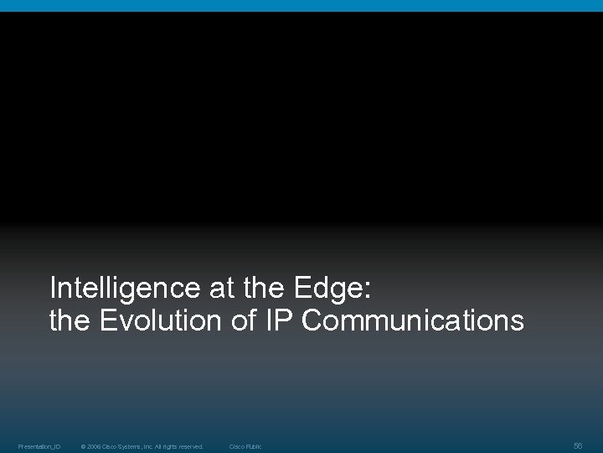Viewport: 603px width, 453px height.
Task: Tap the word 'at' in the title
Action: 214,289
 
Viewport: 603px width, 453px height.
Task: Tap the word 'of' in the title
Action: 244,320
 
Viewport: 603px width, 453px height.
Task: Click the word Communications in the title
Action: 413,320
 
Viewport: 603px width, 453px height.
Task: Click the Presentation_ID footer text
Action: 39,446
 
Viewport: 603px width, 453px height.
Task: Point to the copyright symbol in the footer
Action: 83,446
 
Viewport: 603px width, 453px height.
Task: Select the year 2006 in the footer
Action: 93,446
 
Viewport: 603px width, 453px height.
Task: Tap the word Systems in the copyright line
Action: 131,446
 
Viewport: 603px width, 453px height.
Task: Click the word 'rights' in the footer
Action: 173,446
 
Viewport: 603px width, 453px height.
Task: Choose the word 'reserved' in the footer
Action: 193,446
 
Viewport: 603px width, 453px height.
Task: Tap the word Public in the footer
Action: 253,446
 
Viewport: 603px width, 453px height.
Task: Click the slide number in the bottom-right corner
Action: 578,445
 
